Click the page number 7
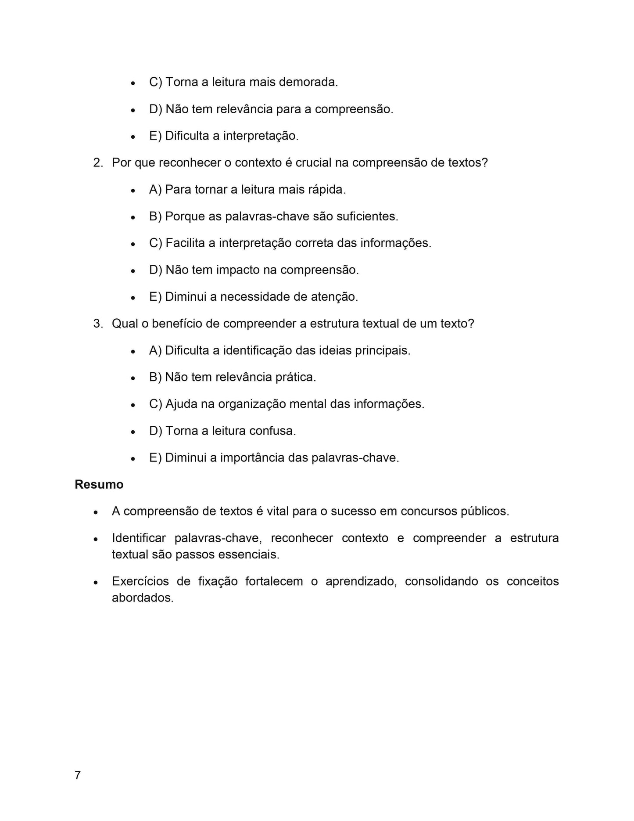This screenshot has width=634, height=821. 78,775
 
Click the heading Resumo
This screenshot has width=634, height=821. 99,484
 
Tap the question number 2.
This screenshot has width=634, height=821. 98,162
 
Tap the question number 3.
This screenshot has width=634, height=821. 98,324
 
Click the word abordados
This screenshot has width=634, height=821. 143,598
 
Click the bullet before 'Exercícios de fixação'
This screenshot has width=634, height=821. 95,583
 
